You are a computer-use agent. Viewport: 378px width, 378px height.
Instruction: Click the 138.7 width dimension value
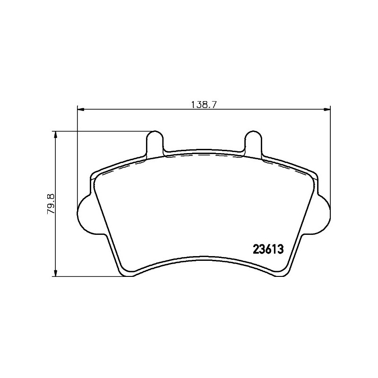pyautogui.click(x=204, y=104)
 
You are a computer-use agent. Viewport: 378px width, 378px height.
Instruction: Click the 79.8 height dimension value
pyautogui.click(x=52, y=204)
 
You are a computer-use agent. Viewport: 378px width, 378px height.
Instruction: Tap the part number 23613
pyautogui.click(x=268, y=249)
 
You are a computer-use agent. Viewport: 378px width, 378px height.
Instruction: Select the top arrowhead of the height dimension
pyautogui.click(x=55, y=135)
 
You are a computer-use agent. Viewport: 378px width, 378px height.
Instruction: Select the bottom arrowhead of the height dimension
pyautogui.click(x=55, y=273)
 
